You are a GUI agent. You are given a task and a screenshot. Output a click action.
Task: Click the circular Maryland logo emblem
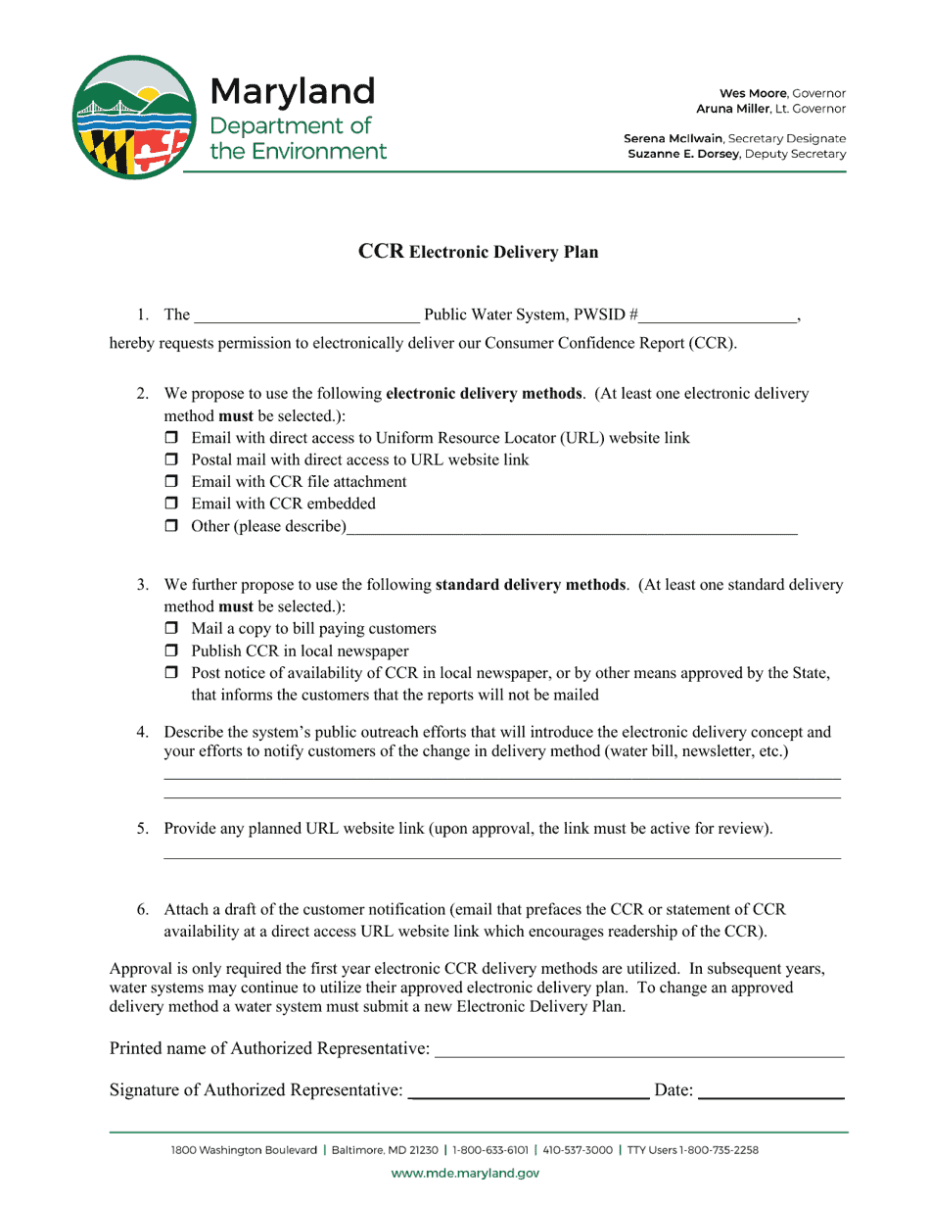pyautogui.click(x=134, y=117)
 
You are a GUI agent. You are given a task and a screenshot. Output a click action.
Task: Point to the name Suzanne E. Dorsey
pyautogui.click(x=683, y=154)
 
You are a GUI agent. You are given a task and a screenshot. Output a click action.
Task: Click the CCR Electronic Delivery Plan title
pyautogui.click(x=478, y=252)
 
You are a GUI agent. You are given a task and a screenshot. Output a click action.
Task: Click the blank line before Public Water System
pyautogui.click(x=306, y=315)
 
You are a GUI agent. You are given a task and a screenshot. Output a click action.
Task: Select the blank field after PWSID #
pyautogui.click(x=719, y=315)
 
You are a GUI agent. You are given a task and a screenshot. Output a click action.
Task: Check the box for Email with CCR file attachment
pyautogui.click(x=172, y=482)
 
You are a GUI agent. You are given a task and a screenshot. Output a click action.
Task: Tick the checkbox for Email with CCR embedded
pyautogui.click(x=172, y=504)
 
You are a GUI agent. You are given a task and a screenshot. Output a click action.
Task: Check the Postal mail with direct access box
pyautogui.click(x=172, y=459)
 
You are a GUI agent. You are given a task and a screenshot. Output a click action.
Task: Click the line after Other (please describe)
pyautogui.click(x=572, y=528)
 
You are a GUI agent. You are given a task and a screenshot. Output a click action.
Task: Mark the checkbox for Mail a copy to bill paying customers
pyautogui.click(x=172, y=629)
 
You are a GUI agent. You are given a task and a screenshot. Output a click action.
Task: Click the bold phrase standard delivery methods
pyautogui.click(x=530, y=585)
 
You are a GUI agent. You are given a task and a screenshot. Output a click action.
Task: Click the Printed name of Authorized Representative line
pyautogui.click(x=638, y=1050)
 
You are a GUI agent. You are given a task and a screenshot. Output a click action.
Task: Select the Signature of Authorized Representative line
pyautogui.click(x=528, y=1091)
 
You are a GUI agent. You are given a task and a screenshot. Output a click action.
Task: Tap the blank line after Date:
pyautogui.click(x=770, y=1091)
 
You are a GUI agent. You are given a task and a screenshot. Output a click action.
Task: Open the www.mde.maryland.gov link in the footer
pyautogui.click(x=465, y=1173)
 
